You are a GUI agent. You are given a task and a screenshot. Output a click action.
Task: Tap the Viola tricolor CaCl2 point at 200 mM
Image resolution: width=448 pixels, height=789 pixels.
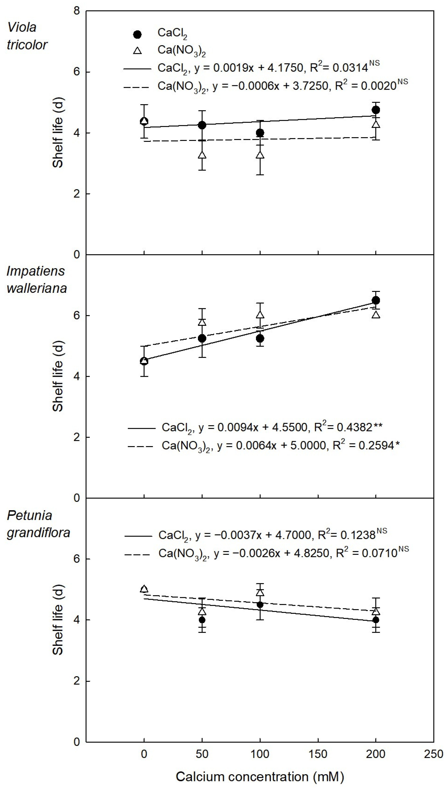pyautogui.click(x=376, y=110)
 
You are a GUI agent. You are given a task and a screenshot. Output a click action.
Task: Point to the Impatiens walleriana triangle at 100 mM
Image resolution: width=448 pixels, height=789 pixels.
pyautogui.click(x=260, y=315)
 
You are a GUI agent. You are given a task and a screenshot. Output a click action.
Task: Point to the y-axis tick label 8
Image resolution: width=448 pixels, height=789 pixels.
pyautogui.click(x=77, y=11)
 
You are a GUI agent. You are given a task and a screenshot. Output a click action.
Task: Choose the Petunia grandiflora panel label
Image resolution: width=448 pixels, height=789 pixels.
pyautogui.click(x=38, y=524)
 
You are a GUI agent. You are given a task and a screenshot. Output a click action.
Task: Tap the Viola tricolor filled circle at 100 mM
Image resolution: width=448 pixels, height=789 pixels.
pyautogui.click(x=260, y=133)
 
